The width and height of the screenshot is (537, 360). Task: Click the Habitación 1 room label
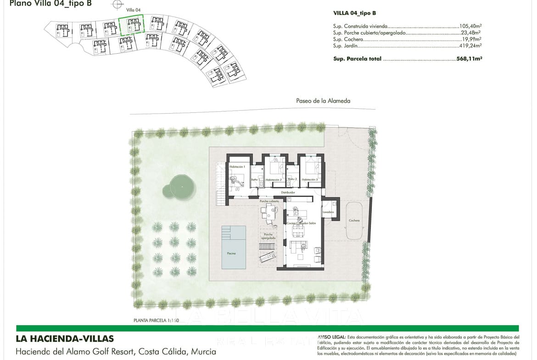pyautogui.click(x=238, y=167)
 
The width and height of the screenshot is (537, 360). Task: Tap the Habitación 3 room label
pyautogui.click(x=310, y=180)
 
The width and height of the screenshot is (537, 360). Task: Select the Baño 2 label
pyautogui.click(x=292, y=179)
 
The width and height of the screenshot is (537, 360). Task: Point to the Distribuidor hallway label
pyautogui.click(x=288, y=193)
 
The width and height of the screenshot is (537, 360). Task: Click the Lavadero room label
pyautogui.click(x=328, y=212)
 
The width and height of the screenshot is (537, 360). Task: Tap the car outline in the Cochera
pyautogui.click(x=354, y=221)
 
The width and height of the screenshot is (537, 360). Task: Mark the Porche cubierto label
pyautogui.click(x=269, y=201)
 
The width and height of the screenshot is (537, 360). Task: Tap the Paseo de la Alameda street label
pyautogui.click(x=323, y=101)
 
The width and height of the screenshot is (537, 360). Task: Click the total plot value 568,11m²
pyautogui.click(x=470, y=59)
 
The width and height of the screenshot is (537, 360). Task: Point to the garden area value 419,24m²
pyautogui.click(x=470, y=46)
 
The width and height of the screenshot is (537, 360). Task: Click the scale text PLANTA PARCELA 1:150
pyautogui.click(x=156, y=321)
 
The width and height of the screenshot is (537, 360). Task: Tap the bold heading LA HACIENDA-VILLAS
pyautogui.click(x=64, y=339)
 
